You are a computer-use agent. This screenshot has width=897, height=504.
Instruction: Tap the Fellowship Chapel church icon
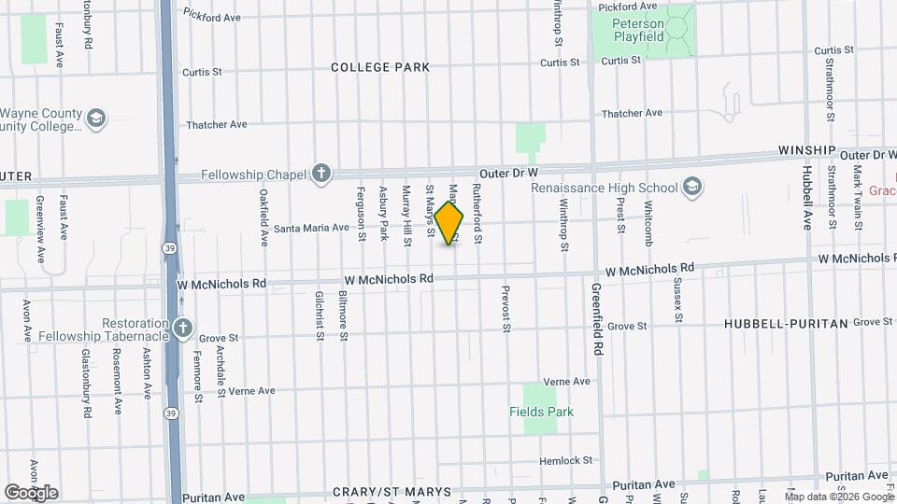tap(320, 173)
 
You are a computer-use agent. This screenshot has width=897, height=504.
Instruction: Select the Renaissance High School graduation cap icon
tap(692, 188)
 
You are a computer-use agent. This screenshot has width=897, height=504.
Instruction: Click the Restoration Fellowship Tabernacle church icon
tap(182, 328)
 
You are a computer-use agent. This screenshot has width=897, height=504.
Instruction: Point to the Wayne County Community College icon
tap(95, 119)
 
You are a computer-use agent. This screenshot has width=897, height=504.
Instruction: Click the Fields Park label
tap(541, 412)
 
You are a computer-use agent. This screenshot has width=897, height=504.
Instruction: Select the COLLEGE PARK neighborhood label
tap(380, 67)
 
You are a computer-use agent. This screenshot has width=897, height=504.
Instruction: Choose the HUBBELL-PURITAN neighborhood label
tap(786, 324)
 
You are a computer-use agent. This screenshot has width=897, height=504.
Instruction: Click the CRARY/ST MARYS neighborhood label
tap(392, 492)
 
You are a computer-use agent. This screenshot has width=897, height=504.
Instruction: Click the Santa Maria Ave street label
tap(311, 227)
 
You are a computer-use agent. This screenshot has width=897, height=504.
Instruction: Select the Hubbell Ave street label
tap(807, 198)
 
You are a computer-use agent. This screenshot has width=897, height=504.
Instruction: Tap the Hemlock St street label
tap(567, 461)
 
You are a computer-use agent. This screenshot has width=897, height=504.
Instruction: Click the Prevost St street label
tap(506, 309)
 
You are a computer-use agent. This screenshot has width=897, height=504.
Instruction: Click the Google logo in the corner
tap(31, 492)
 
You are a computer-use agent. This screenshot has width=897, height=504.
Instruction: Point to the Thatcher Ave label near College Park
tap(216, 124)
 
